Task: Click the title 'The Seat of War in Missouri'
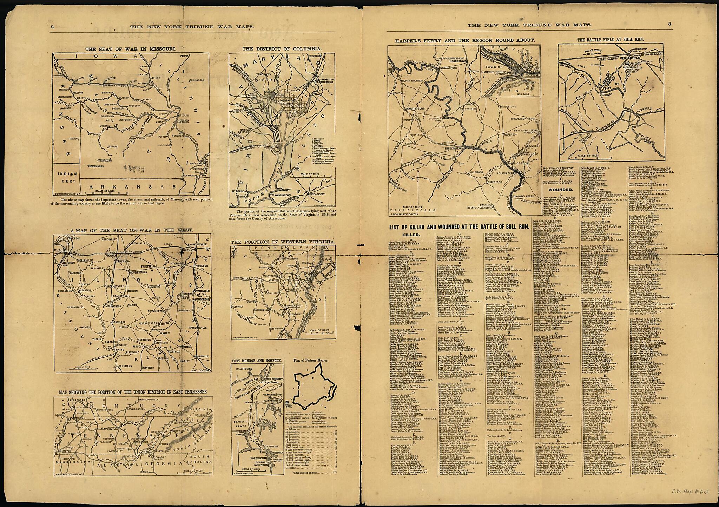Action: pyautogui.click(x=131, y=49)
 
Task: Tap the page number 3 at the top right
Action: pyautogui.click(x=669, y=24)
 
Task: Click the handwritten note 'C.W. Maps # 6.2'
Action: pyautogui.click(x=692, y=492)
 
